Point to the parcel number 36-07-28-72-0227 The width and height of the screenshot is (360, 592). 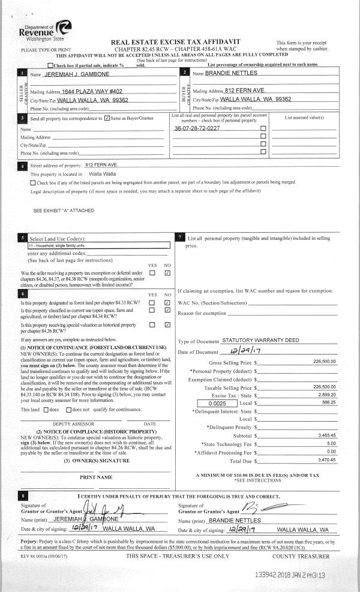coord(196,128)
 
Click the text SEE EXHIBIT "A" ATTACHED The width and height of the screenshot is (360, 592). coord(64,211)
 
